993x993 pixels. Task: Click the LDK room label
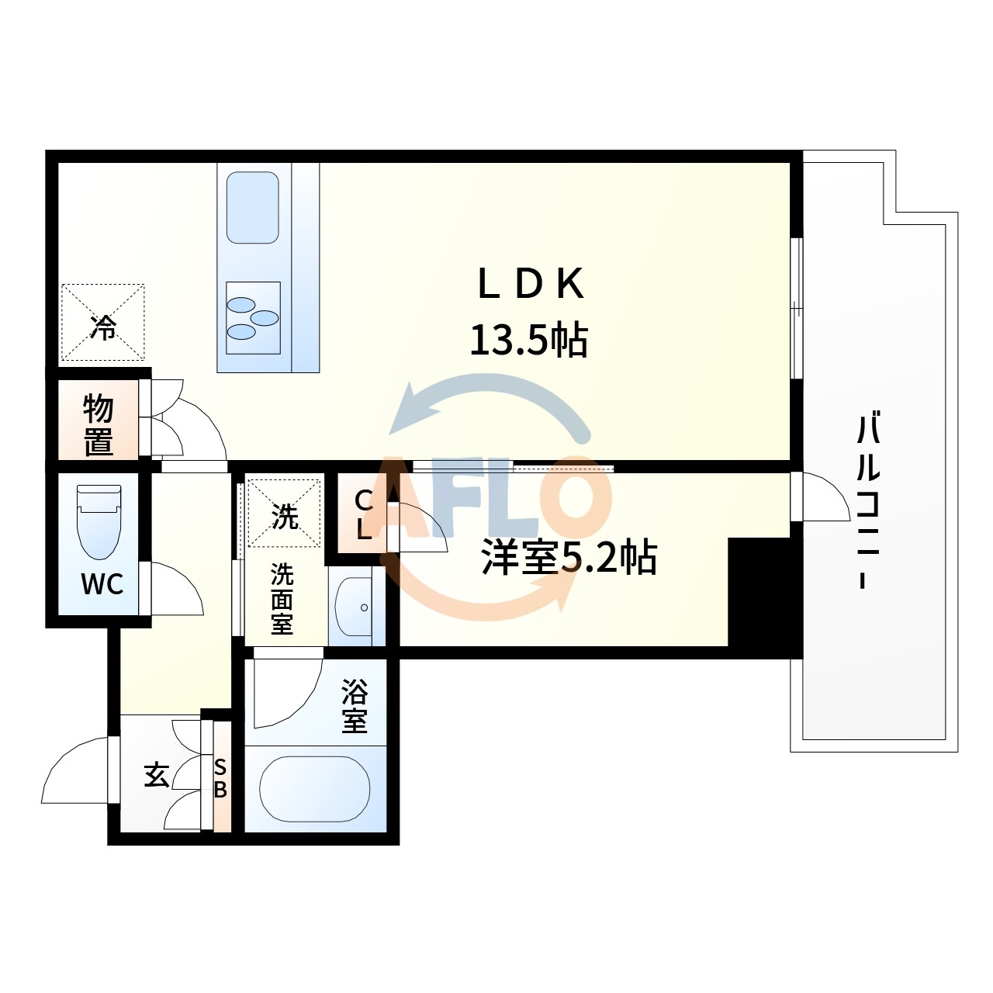coord(531,284)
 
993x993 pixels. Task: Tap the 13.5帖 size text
coord(529,340)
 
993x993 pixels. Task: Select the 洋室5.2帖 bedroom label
coord(569,558)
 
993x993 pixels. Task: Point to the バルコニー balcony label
coord(868,499)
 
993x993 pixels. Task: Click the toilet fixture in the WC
coord(99,521)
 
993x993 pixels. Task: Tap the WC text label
coord(102,584)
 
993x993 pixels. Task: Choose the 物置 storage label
coord(98,425)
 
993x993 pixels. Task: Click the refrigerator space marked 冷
coord(103,322)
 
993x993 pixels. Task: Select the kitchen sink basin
coord(252,207)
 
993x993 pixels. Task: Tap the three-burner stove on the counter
coord(253,318)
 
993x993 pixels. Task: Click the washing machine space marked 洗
coord(284,514)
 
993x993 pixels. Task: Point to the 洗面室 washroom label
coord(282,600)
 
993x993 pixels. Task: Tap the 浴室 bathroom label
coord(355,706)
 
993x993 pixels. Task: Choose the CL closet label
coord(364,515)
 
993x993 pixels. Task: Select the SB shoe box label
coord(220,779)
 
